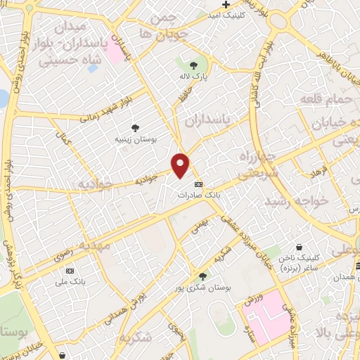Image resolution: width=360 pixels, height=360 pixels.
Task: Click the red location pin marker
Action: coord(181,165)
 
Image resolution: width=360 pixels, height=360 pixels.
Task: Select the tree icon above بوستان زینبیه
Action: coord(134,127)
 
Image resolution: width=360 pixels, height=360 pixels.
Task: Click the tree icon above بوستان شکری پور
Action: coord(203,276)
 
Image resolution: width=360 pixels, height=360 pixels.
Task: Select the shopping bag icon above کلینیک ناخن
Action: coord(300,247)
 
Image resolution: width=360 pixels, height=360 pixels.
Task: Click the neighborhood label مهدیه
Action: coord(94,246)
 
